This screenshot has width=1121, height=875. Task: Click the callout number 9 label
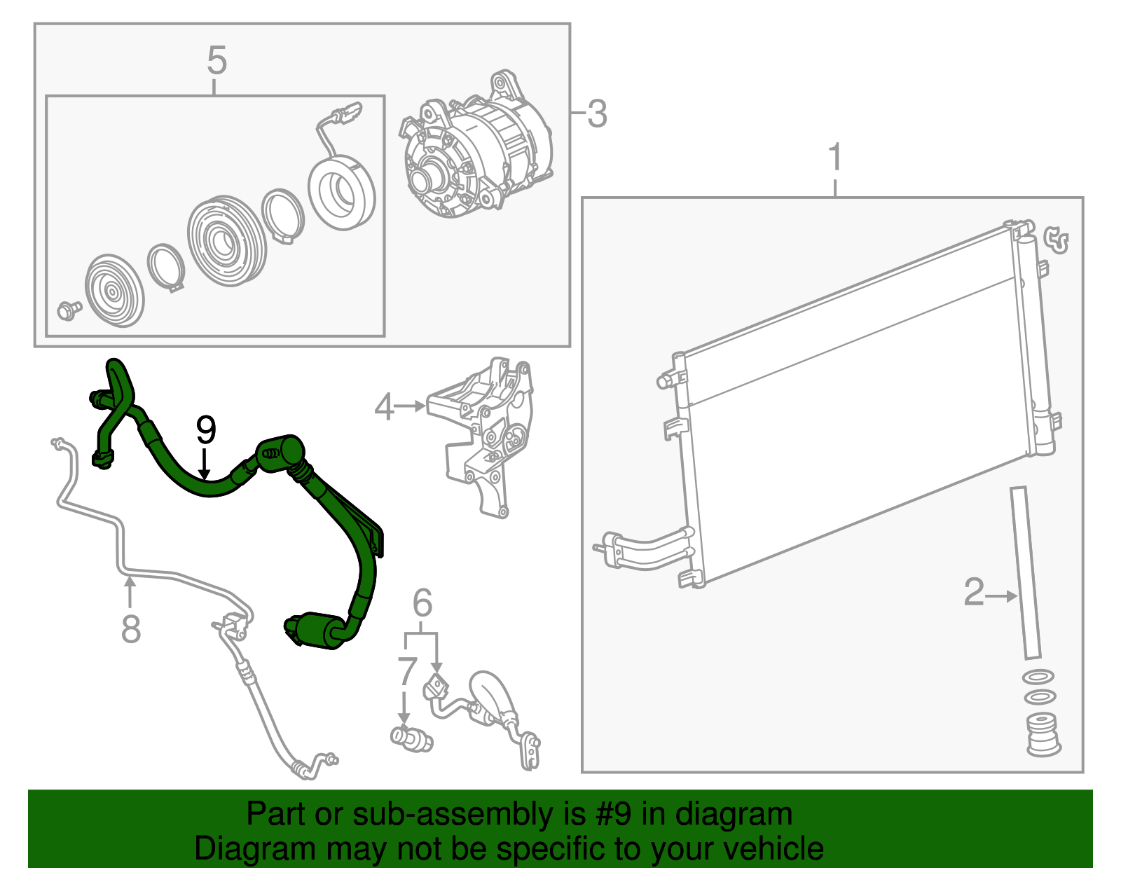coord(205,430)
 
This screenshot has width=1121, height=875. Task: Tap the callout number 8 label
coord(131,629)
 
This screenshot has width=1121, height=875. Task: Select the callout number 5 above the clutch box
coord(216,61)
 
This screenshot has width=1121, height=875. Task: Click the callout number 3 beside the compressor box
coord(596,113)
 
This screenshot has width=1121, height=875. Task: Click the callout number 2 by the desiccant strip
coord(974,593)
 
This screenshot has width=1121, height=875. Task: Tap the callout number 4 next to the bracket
coord(384,406)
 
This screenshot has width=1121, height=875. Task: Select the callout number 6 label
coord(422,603)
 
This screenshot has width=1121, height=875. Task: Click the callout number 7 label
coord(407,672)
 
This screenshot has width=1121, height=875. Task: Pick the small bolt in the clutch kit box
coord(68,310)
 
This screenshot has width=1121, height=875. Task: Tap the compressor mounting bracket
coord(490,434)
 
